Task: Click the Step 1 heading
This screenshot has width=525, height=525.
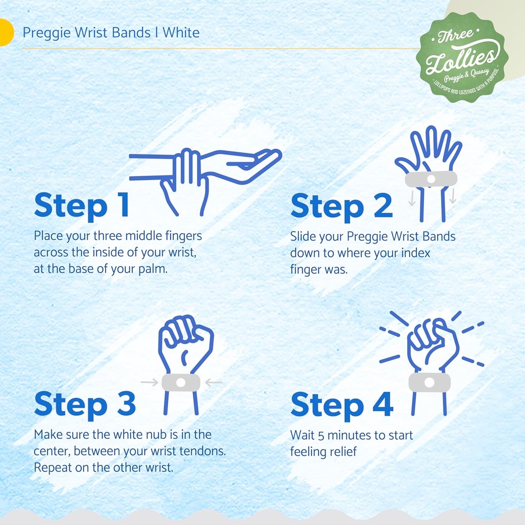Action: click(82, 205)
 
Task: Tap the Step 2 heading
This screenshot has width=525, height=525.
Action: click(341, 206)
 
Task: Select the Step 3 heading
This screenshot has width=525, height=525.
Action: click(85, 404)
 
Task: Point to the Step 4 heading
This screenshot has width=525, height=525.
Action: click(342, 405)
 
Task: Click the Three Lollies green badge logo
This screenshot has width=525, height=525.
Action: click(462, 57)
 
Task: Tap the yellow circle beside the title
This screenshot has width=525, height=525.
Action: click(6, 32)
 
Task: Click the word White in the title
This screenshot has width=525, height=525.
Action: click(181, 33)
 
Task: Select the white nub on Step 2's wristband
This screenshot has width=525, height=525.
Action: click(431, 179)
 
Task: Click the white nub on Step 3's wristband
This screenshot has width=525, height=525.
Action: click(181, 382)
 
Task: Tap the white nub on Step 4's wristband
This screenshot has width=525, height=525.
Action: click(429, 382)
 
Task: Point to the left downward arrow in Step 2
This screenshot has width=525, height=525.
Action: click(412, 198)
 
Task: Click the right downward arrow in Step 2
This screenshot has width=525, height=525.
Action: click(453, 196)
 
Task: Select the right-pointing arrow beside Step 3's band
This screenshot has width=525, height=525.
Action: click(149, 382)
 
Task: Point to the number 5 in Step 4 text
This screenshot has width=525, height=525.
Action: click(321, 436)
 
